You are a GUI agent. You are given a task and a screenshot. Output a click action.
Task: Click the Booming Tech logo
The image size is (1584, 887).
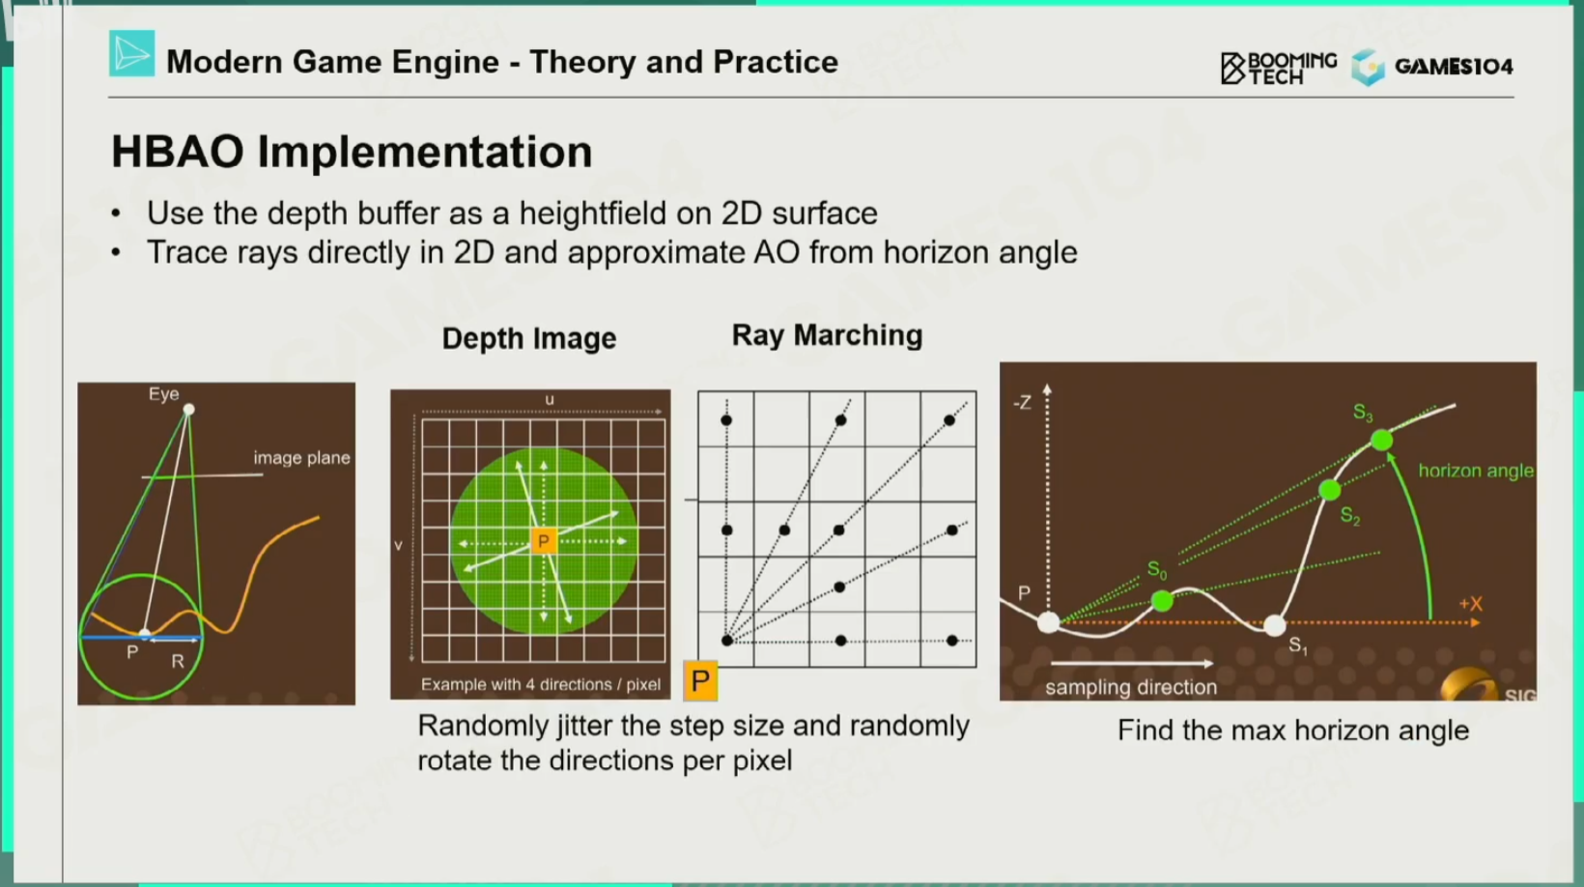point(1279,69)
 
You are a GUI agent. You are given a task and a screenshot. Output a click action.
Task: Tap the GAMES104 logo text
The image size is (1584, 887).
point(1454,67)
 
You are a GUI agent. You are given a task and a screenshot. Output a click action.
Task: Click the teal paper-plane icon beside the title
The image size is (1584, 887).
point(131,53)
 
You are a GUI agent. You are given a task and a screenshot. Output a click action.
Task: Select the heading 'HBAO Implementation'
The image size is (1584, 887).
point(352,152)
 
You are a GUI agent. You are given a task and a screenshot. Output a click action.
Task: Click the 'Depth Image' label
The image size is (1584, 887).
point(529,339)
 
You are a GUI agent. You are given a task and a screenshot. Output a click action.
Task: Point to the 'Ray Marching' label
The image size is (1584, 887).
point(827,335)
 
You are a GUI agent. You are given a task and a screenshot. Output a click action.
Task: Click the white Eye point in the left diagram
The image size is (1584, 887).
point(188,410)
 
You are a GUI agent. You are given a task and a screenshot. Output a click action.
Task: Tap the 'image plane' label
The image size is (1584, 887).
point(302,458)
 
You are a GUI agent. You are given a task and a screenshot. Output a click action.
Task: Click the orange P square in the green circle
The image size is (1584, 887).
point(543,541)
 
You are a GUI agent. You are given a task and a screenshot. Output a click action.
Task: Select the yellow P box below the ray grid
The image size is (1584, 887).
point(700,680)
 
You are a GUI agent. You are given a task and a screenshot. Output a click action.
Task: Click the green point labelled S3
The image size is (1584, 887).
point(1382,441)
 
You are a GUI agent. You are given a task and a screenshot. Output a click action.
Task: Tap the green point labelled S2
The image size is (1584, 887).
point(1329,490)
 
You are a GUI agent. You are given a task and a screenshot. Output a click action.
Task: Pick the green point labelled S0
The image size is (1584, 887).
point(1162,601)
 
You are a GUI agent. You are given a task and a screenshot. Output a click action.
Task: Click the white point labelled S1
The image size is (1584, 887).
point(1274,625)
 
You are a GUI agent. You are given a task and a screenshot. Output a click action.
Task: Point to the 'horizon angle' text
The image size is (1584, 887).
point(1476,472)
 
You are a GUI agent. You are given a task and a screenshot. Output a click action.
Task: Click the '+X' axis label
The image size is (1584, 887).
point(1470,604)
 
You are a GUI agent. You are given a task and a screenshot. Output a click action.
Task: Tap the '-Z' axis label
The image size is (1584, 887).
point(1022,403)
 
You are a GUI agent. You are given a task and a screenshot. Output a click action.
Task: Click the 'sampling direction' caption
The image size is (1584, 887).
point(1131,687)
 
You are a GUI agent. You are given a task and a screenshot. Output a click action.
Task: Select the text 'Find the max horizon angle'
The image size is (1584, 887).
point(1292,730)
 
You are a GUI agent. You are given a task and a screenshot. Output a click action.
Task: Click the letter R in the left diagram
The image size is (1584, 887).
point(178,661)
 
